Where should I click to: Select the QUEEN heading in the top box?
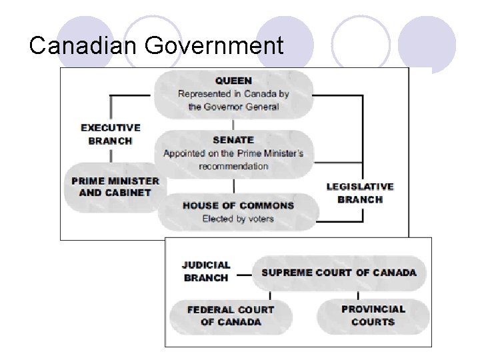(x=233, y=81)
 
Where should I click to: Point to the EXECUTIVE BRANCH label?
(x=111, y=134)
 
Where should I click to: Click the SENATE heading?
(x=233, y=140)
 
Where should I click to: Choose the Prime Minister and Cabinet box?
(x=115, y=187)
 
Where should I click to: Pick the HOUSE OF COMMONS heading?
(x=238, y=205)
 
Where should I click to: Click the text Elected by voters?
(x=238, y=219)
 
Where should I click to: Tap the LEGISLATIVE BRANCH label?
(x=360, y=193)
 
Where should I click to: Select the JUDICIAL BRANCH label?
(x=206, y=271)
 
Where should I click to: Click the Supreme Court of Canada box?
(x=339, y=273)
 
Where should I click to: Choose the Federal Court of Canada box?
(x=231, y=316)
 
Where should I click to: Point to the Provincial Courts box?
(x=373, y=316)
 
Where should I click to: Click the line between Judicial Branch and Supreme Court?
(x=244, y=273)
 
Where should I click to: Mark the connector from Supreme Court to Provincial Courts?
(x=358, y=295)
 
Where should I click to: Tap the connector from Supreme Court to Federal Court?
(x=270, y=295)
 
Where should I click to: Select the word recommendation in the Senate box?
(x=233, y=166)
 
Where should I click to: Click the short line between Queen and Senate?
(x=233, y=124)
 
